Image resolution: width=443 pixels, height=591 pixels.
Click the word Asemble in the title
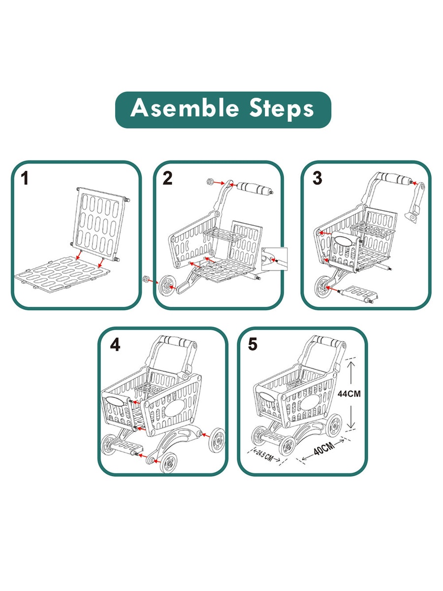(185, 108)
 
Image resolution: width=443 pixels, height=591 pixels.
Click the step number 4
(115, 344)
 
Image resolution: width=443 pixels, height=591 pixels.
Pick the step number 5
(253, 344)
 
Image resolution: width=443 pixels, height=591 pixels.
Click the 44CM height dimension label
(349, 394)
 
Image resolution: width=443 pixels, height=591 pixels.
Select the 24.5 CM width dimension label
(264, 456)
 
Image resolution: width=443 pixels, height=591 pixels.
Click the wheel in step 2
(167, 287)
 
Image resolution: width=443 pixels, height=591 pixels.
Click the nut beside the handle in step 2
(210, 181)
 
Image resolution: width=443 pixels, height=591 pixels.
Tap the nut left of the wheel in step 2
(146, 279)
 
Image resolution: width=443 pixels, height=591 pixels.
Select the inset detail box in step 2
(274, 259)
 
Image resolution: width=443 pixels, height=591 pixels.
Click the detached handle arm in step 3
(415, 202)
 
